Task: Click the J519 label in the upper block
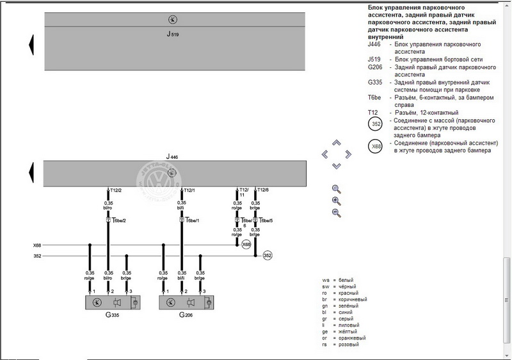[x=173, y=33]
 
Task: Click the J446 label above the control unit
[x=172, y=156]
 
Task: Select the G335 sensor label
[x=113, y=315]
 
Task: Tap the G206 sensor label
[x=186, y=315]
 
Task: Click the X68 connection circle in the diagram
[x=246, y=245]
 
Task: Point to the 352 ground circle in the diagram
[x=268, y=256]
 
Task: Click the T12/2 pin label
[x=116, y=190]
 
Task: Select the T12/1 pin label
[x=189, y=190]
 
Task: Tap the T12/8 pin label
[x=262, y=190]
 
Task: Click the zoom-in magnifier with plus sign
[x=336, y=200]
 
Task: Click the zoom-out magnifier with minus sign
[x=336, y=213]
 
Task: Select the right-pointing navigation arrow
[x=348, y=154]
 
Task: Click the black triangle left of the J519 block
[x=30, y=44]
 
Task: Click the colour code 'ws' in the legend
[x=326, y=281]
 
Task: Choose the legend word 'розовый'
[x=349, y=345]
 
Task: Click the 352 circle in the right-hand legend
[x=377, y=125]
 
